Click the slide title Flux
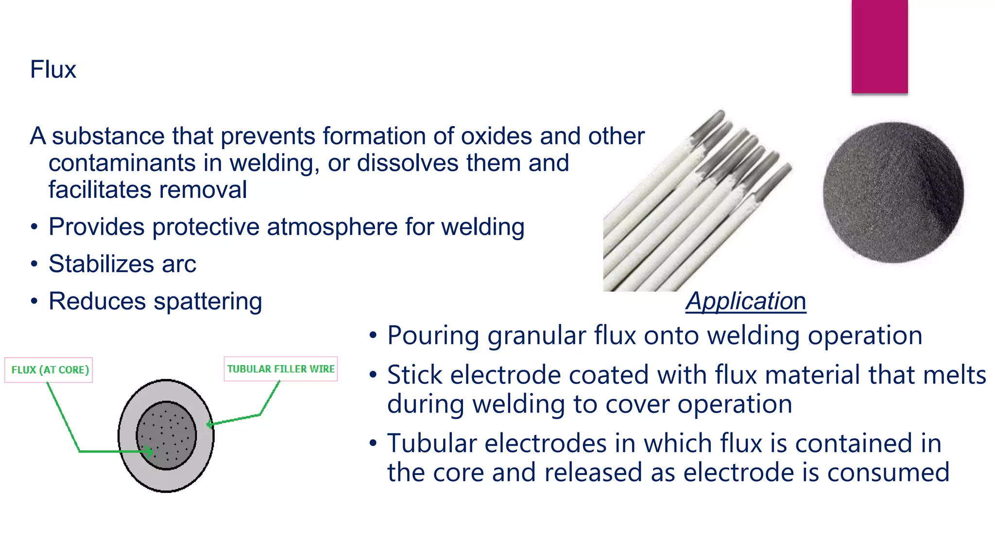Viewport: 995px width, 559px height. point(53,69)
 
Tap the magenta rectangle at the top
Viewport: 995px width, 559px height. point(879,47)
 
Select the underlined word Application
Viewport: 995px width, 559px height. point(746,301)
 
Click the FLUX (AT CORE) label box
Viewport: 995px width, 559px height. point(49,370)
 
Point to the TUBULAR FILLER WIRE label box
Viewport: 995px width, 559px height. point(281,369)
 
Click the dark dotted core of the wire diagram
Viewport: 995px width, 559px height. point(167,435)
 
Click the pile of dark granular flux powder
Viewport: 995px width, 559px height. point(893,193)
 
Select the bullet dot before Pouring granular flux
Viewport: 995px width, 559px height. point(373,336)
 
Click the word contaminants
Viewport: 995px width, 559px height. point(122,163)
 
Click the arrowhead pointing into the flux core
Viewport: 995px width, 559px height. point(149,452)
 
